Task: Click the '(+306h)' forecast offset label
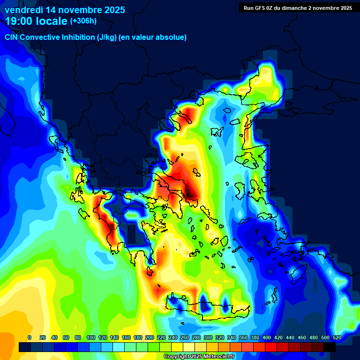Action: [x=83, y=21]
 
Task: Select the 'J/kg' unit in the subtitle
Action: [x=106, y=37]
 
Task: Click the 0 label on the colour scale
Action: [x=30, y=337]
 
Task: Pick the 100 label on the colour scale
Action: [x=91, y=337]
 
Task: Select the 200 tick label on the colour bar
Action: [x=150, y=337]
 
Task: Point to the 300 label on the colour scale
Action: [x=208, y=337]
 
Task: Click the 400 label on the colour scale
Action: [x=267, y=337]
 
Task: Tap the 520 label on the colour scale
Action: [x=337, y=337]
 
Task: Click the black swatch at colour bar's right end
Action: [x=330, y=347]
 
